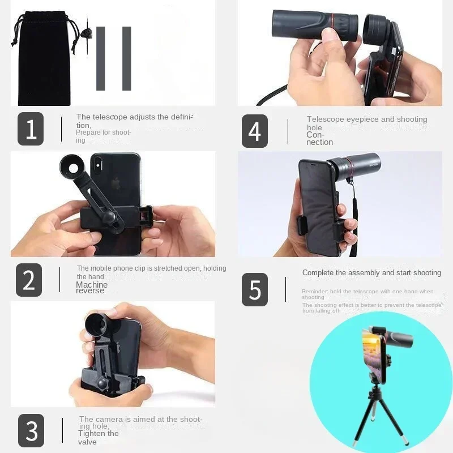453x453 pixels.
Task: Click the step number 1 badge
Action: [31, 129]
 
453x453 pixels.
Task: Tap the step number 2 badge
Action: [28, 280]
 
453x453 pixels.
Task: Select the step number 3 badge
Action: [31, 430]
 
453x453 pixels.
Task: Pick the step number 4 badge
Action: [255, 131]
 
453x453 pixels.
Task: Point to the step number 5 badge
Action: [255, 289]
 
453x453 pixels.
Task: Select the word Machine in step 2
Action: [92, 285]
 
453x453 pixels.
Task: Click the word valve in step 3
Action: [88, 442]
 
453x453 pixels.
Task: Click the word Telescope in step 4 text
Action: [326, 119]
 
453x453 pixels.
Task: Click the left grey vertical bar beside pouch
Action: [101, 58]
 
